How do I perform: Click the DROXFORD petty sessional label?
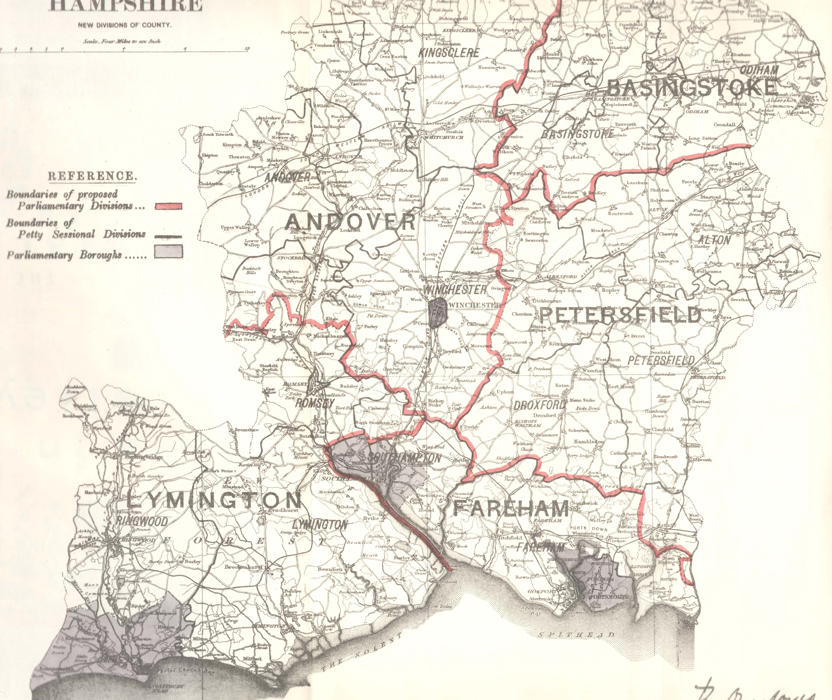click(539, 405)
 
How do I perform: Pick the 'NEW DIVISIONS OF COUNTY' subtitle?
click(124, 25)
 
